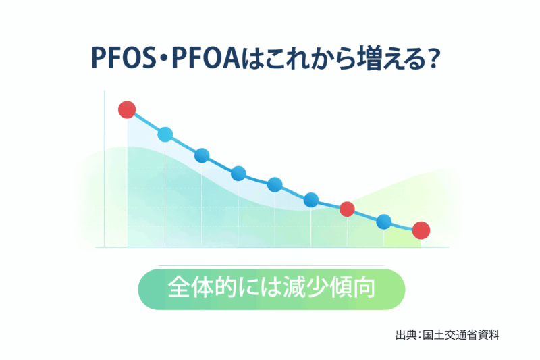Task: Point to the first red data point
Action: pos(127,109)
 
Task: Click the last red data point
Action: pos(421,230)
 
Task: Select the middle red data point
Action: pos(347,209)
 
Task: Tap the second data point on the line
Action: pos(165,134)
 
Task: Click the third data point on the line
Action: pos(202,156)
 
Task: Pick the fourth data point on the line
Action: pos(238,174)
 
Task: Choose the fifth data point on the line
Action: pos(275,184)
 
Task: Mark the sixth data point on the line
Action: pos(311,199)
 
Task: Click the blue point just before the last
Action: pos(384,220)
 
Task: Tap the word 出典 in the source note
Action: pos(405,334)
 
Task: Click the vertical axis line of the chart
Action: pos(105,169)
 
